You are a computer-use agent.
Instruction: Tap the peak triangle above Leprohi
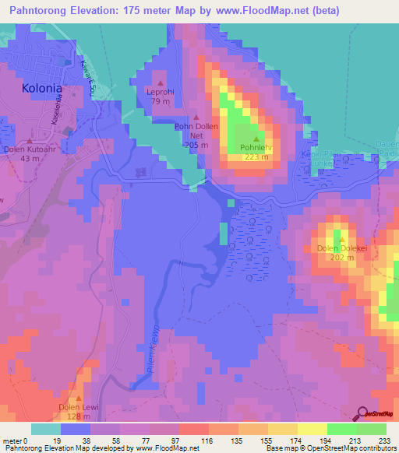point(161,83)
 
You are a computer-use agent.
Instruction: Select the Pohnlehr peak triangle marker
point(255,139)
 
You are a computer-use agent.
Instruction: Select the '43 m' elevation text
point(30,159)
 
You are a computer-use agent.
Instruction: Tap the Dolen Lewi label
point(76,406)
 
